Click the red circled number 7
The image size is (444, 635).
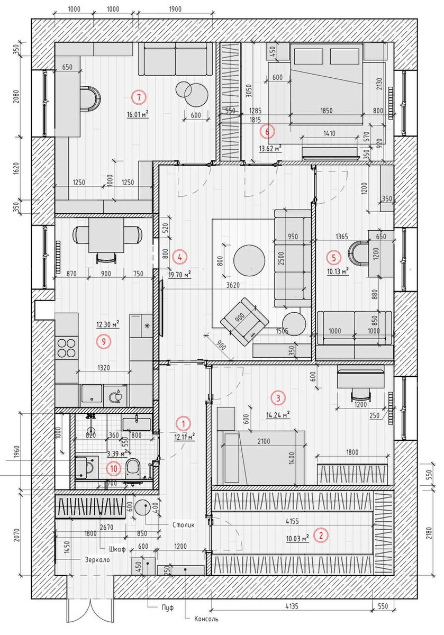point(139,97)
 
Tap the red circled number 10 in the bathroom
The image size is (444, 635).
point(114,469)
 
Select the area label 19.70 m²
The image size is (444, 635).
point(179,275)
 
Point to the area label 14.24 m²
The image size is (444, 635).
point(278,415)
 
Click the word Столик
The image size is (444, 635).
point(184,524)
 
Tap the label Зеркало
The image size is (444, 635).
point(97,560)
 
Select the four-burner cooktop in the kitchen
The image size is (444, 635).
point(67,348)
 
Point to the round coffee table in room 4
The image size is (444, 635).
point(249,260)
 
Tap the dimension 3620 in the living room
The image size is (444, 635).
point(233,285)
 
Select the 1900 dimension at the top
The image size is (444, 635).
point(175,9)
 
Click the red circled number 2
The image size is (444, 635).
point(321,536)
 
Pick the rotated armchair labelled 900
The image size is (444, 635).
point(244,321)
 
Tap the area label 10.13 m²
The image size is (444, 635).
point(338,271)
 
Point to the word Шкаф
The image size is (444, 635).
point(117,549)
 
